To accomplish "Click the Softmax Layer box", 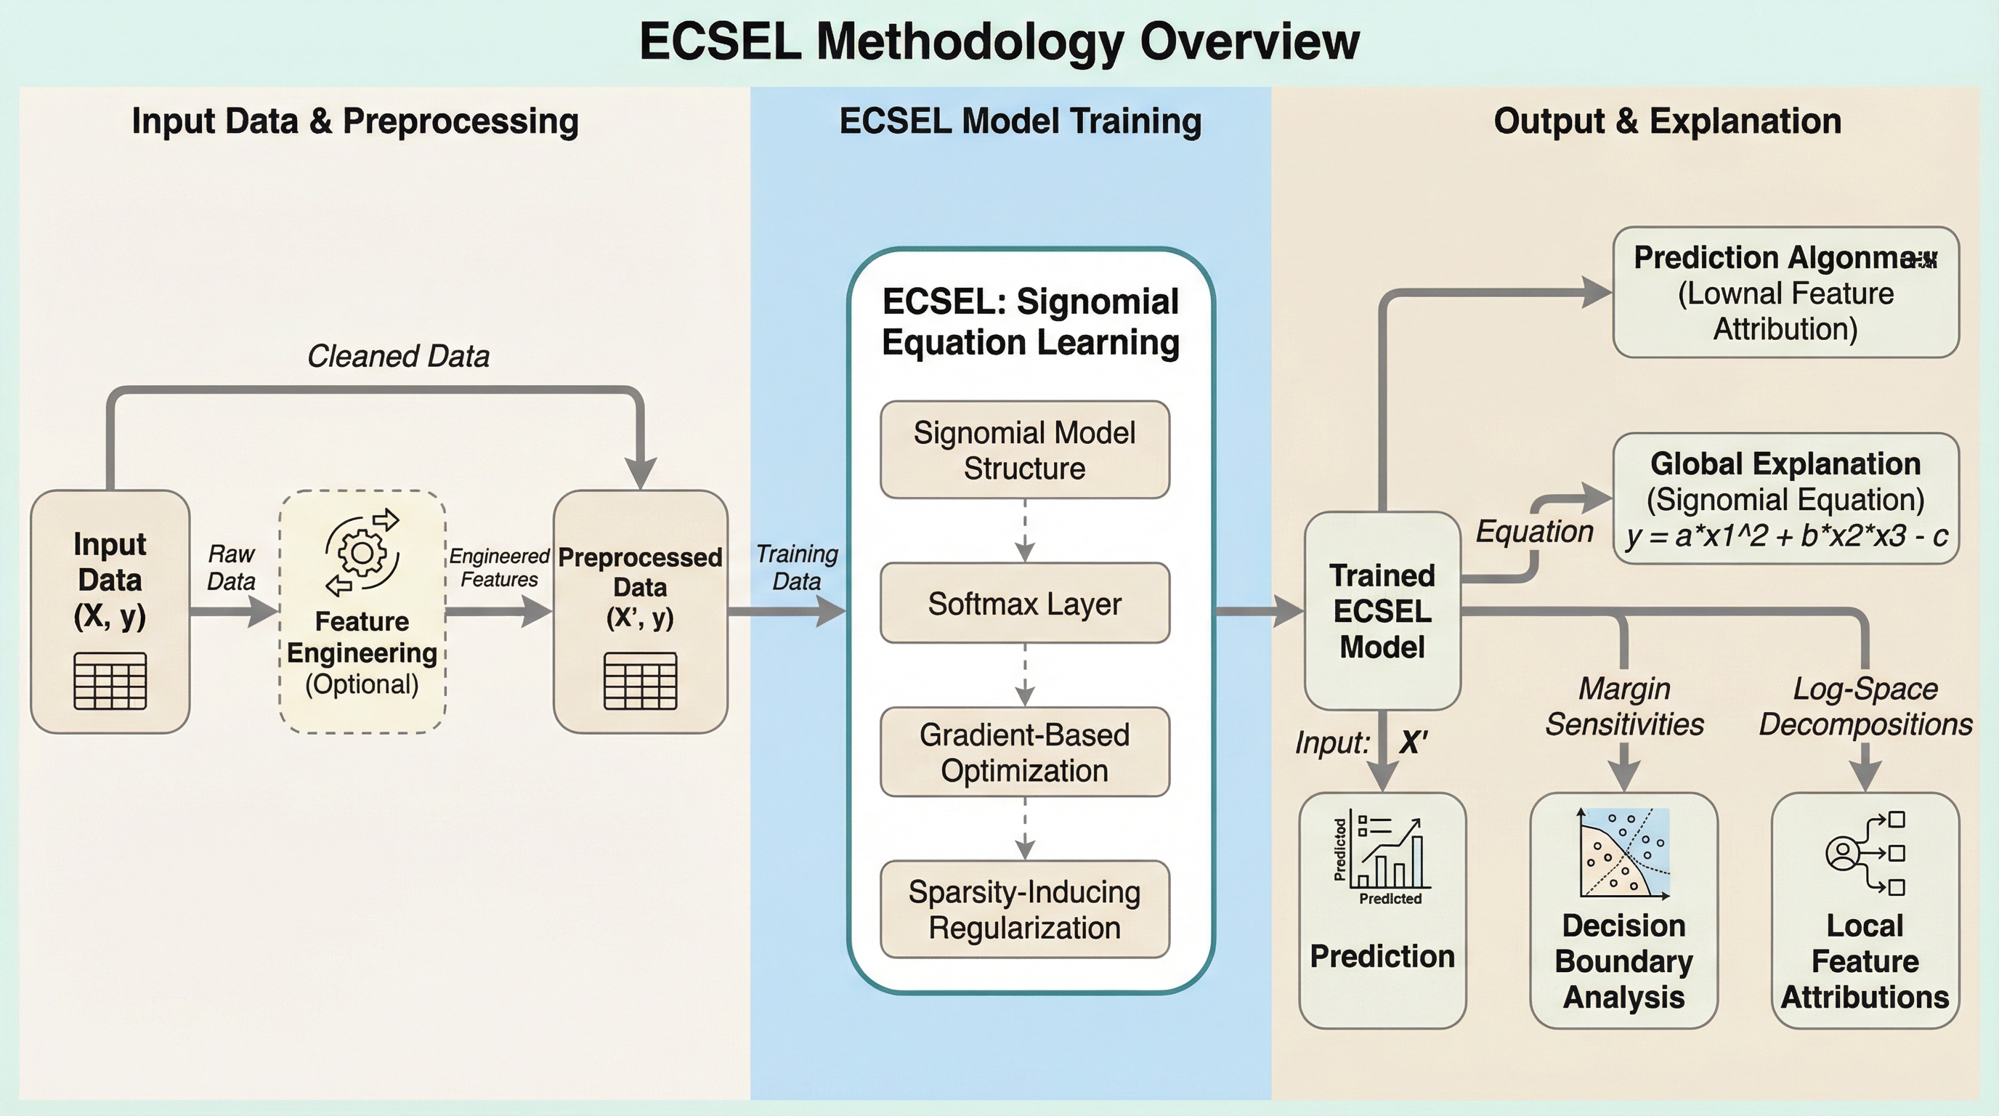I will click(1024, 603).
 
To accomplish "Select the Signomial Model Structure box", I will click(1024, 450).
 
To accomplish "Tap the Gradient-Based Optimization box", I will click(1024, 752).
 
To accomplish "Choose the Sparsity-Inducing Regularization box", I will click(1024, 909).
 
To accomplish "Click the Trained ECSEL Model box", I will click(1382, 611).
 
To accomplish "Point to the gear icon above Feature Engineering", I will click(362, 553).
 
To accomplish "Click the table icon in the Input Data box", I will click(110, 681).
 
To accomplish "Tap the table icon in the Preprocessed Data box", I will click(640, 681).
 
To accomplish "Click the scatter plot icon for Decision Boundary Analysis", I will click(1624, 853).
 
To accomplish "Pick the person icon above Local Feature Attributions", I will click(1842, 854).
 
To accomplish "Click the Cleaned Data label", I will click(398, 356).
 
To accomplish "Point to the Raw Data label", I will click(231, 567).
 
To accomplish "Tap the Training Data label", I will click(797, 567).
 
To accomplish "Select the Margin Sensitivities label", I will click(1624, 706).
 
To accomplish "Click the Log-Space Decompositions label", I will click(1865, 706).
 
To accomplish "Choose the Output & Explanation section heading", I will click(1667, 121).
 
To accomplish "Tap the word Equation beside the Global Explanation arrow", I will click(1534, 532).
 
